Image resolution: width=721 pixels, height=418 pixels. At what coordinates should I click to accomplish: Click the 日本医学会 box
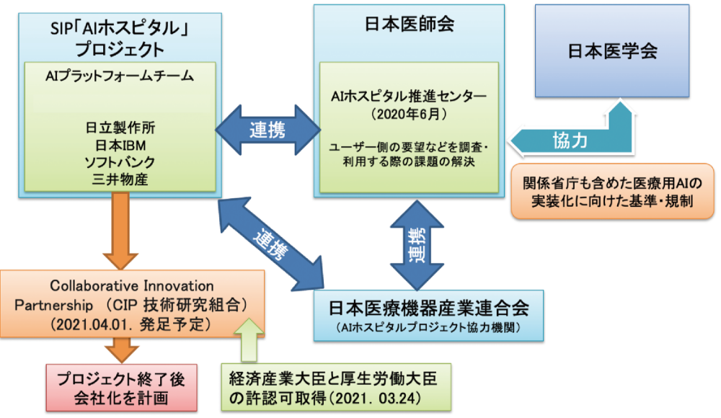[612, 52]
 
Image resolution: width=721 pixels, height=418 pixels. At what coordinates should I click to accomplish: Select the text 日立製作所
[119, 128]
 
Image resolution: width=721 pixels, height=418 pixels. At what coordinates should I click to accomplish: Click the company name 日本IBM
[119, 145]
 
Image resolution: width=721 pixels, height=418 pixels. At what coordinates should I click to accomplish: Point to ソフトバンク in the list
[119, 161]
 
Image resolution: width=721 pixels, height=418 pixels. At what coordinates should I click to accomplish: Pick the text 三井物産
[119, 179]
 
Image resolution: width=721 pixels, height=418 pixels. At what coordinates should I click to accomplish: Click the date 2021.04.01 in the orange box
[87, 324]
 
